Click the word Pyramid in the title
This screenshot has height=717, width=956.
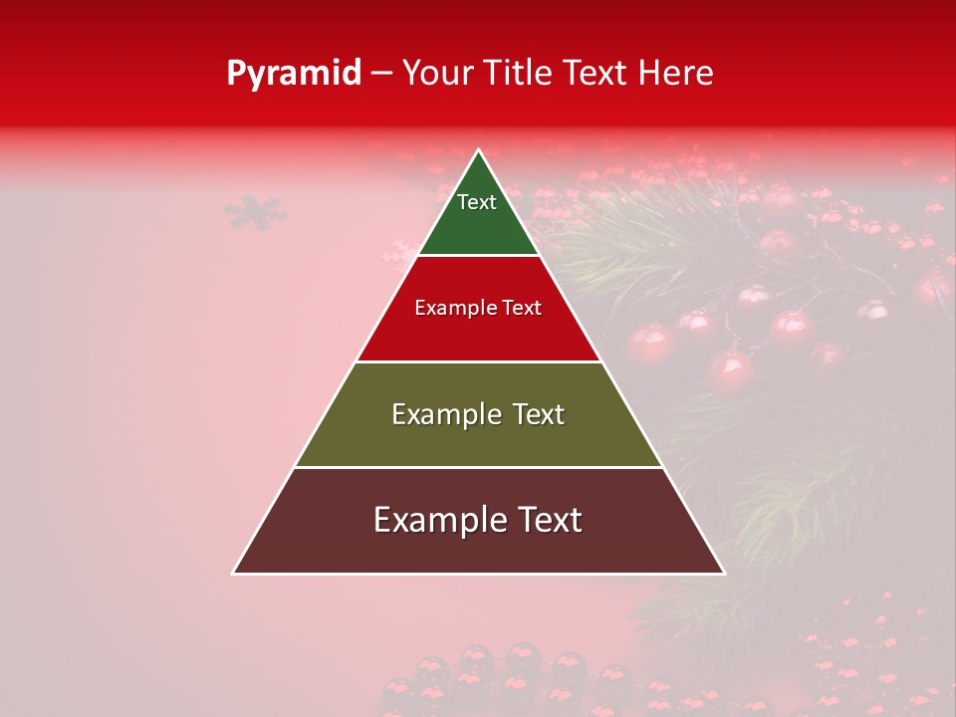click(294, 73)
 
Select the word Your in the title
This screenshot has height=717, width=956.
click(437, 73)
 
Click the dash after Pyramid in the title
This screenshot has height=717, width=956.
click(381, 74)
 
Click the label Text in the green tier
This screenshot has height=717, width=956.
click(477, 202)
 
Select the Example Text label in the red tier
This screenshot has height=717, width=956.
click(478, 308)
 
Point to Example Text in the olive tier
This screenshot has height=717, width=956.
click(478, 414)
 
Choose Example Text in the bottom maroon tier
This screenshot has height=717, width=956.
click(478, 520)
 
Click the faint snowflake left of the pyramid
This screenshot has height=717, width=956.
click(255, 211)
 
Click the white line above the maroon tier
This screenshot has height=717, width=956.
click(478, 467)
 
